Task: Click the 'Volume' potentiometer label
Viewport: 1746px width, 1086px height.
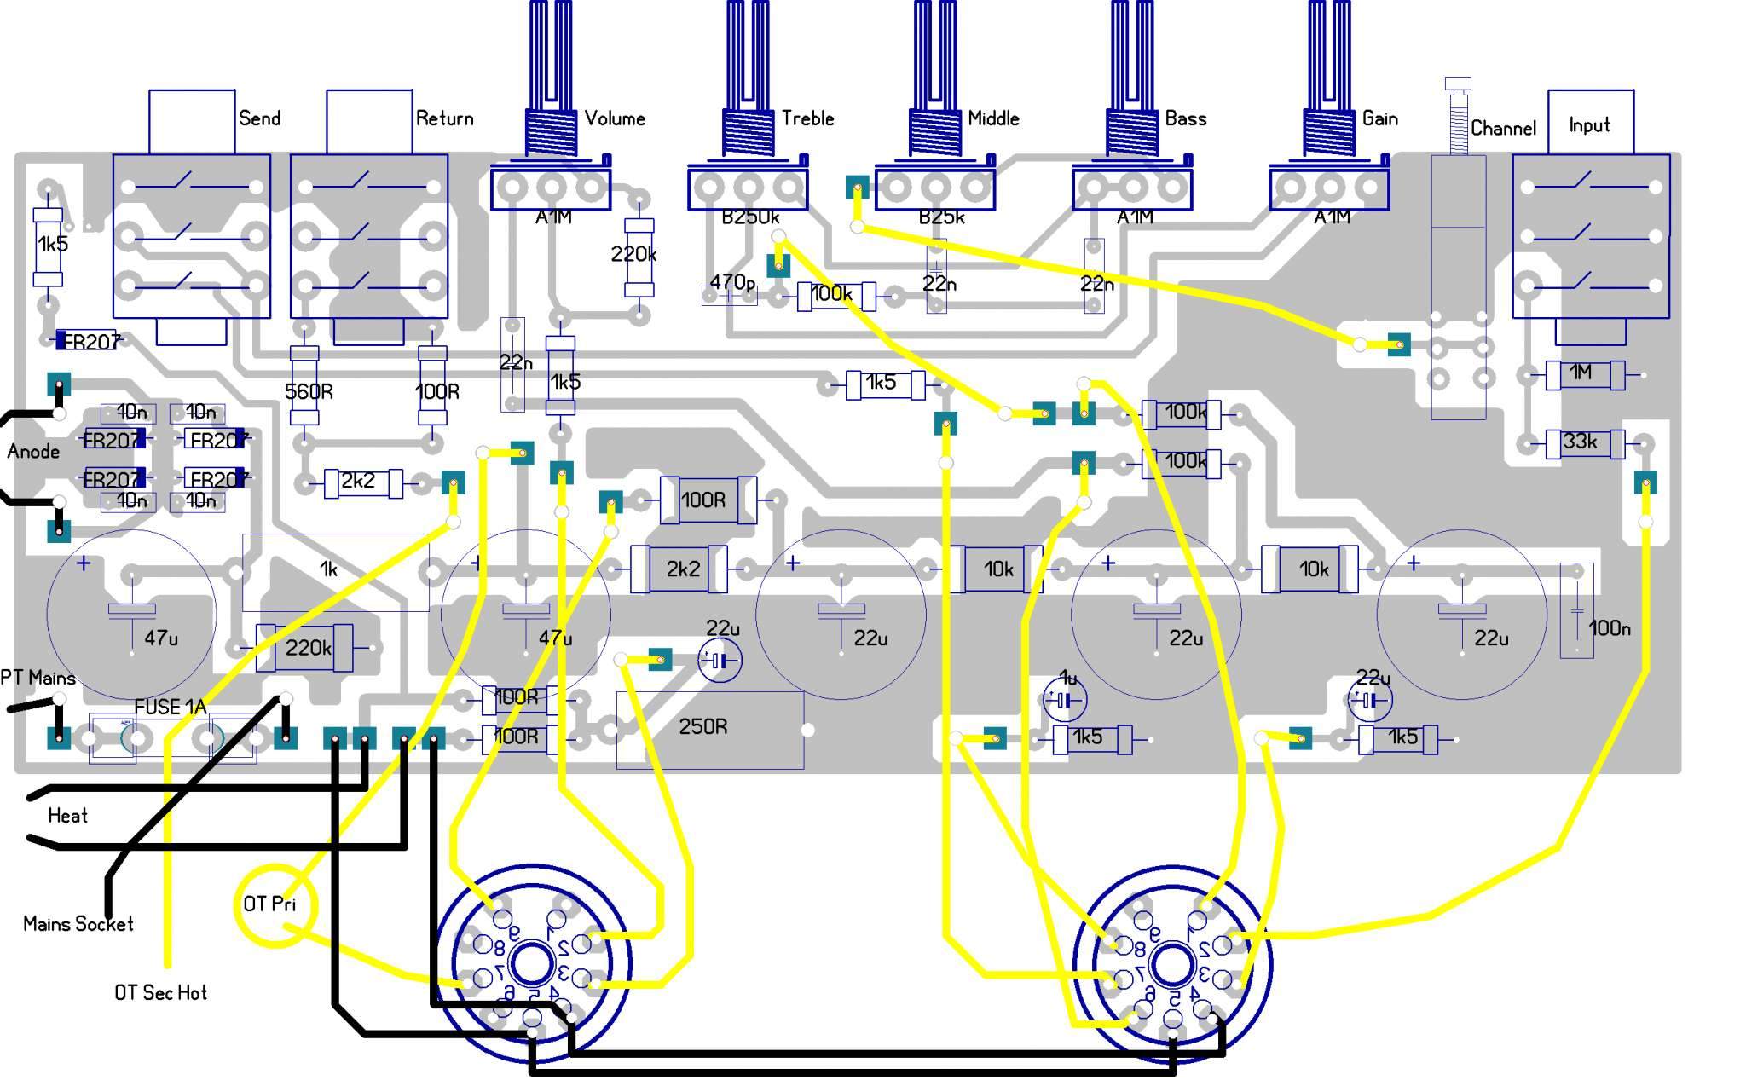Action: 615,118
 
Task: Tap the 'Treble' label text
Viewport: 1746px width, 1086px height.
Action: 807,118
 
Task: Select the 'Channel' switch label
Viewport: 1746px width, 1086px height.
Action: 1503,129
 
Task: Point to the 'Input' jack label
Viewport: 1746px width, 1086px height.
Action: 1589,125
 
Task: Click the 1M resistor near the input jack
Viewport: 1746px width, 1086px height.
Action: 1585,373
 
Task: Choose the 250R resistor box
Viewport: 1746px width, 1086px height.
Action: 708,729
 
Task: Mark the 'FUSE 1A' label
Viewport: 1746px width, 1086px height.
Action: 171,708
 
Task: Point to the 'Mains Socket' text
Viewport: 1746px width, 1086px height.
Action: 78,924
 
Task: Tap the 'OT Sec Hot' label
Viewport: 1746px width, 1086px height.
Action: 160,993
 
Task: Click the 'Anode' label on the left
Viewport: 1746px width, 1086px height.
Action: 34,452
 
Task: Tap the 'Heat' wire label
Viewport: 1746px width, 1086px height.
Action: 67,817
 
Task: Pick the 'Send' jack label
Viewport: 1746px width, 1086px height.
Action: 259,118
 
